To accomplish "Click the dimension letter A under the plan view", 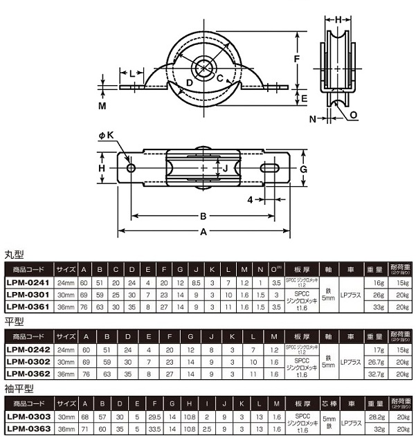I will pyautogui.click(x=203, y=232).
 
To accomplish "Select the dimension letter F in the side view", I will pyautogui.click(x=296, y=60).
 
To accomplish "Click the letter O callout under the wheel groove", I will pyautogui.click(x=354, y=115).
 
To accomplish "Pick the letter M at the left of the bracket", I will pyautogui.click(x=101, y=106).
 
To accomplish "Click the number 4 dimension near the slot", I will pyautogui.click(x=249, y=201).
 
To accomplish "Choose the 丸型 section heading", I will pyautogui.click(x=15, y=255).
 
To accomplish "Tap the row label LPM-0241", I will pyautogui.click(x=28, y=283).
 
